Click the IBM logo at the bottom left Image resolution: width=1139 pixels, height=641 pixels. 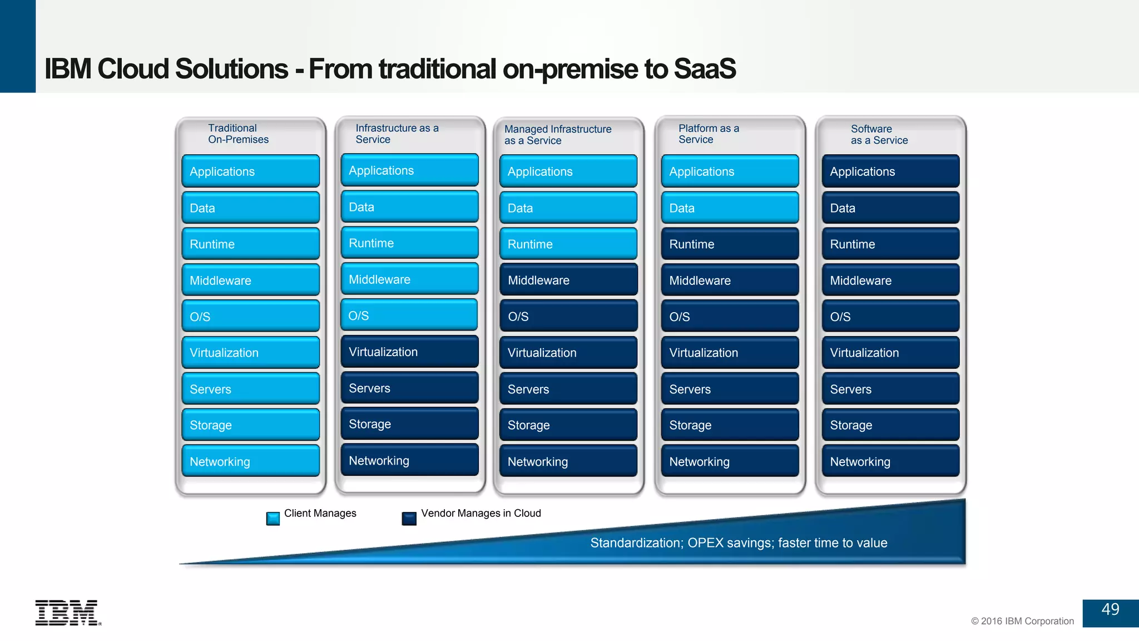tap(67, 613)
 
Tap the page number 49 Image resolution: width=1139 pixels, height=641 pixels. tap(1110, 610)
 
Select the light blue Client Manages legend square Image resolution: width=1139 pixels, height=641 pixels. tap(273, 519)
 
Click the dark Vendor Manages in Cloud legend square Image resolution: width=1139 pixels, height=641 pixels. tap(409, 519)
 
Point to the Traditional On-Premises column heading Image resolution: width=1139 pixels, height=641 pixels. tap(238, 134)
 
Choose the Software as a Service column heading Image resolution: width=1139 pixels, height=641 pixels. tap(879, 135)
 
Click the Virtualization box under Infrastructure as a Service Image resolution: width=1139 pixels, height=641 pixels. tap(409, 352)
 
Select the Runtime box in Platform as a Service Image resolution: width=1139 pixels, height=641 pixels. tap(730, 244)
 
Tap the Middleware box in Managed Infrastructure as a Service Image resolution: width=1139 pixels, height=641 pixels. tap(568, 280)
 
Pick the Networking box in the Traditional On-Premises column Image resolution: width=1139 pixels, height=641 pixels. tap(250, 461)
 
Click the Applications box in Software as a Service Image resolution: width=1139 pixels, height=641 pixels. tap(890, 171)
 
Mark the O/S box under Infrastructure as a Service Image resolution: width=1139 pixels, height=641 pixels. tap(409, 315)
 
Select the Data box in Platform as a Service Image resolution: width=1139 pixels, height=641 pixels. tap(730, 208)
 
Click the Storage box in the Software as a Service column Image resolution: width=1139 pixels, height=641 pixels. tap(890, 425)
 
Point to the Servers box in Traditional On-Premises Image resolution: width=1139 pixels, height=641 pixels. tap(250, 389)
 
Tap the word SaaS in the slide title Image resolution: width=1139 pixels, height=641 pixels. tap(704, 69)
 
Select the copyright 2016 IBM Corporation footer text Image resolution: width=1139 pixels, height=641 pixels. tap(1022, 621)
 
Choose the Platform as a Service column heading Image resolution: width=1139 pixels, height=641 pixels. tap(709, 134)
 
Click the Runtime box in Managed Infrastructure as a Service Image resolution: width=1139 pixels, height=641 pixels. tap(568, 244)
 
